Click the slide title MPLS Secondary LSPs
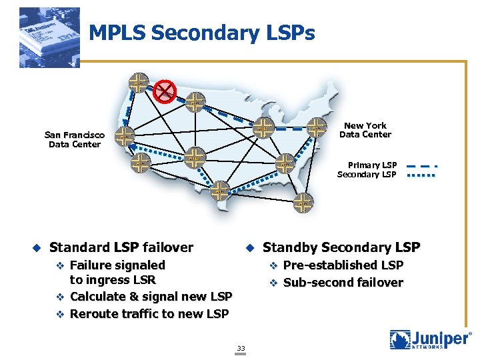click(x=201, y=33)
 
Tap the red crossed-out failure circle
click(x=164, y=91)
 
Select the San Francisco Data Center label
click(x=75, y=139)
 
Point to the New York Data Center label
click(x=365, y=130)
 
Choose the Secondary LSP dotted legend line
click(x=421, y=175)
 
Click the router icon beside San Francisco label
click(x=123, y=137)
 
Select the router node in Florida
click(x=303, y=203)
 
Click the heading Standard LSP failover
click(x=121, y=247)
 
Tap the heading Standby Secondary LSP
click(x=341, y=247)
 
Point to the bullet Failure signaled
click(x=117, y=265)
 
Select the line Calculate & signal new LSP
click(x=151, y=296)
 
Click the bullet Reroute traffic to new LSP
click(x=149, y=313)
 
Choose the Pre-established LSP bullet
click(x=343, y=265)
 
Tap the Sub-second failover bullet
click(x=343, y=282)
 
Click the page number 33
click(x=241, y=348)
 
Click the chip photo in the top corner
click(x=49, y=38)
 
